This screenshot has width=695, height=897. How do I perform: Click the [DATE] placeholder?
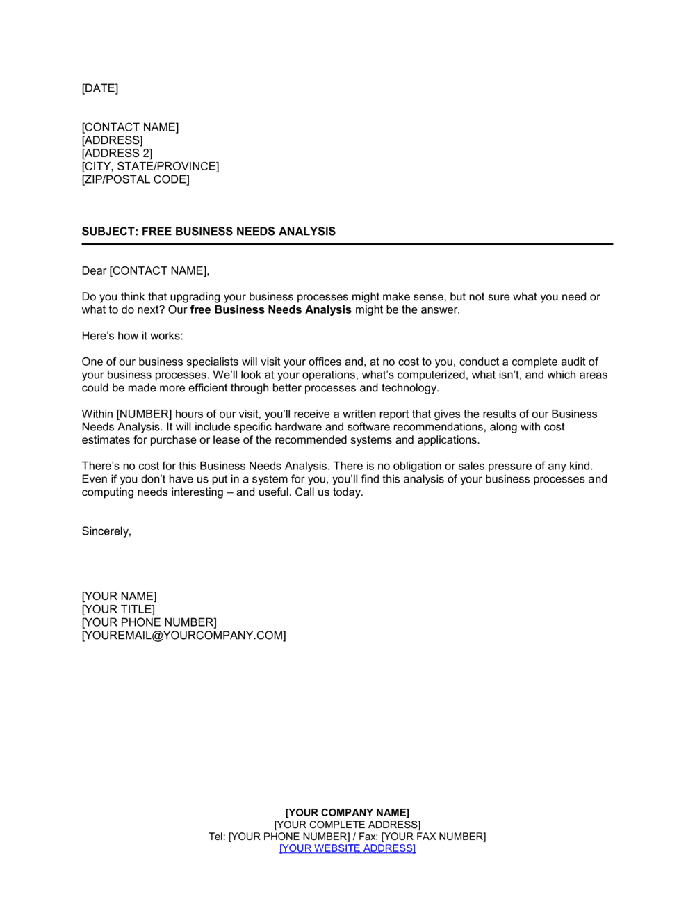[x=99, y=88]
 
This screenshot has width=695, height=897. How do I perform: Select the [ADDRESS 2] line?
[x=117, y=153]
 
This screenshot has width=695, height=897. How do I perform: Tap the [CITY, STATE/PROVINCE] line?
[x=150, y=166]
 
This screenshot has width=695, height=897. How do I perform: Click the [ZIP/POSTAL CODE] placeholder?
[x=136, y=179]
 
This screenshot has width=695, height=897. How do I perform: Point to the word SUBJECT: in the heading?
[x=110, y=232]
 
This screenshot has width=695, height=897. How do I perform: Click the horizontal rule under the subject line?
[x=347, y=244]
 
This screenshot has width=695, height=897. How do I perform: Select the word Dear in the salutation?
[x=94, y=270]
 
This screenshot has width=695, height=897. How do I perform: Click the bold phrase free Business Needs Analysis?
[x=270, y=309]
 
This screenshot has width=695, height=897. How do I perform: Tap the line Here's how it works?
[x=132, y=336]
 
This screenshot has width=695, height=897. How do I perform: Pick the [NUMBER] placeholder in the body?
[x=144, y=414]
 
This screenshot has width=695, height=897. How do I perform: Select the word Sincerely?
[x=106, y=531]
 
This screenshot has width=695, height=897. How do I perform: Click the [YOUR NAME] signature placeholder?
[x=119, y=596]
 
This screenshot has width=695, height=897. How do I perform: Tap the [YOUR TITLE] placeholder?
[x=118, y=609]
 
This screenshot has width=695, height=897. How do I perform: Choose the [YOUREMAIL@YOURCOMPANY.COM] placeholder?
[x=183, y=636]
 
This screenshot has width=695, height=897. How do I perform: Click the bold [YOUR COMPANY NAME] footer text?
[x=347, y=812]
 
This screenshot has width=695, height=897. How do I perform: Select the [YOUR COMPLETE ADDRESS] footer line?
[x=347, y=825]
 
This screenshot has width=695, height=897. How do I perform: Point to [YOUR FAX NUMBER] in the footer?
[x=434, y=837]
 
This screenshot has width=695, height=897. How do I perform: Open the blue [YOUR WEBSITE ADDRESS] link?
[x=347, y=848]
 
